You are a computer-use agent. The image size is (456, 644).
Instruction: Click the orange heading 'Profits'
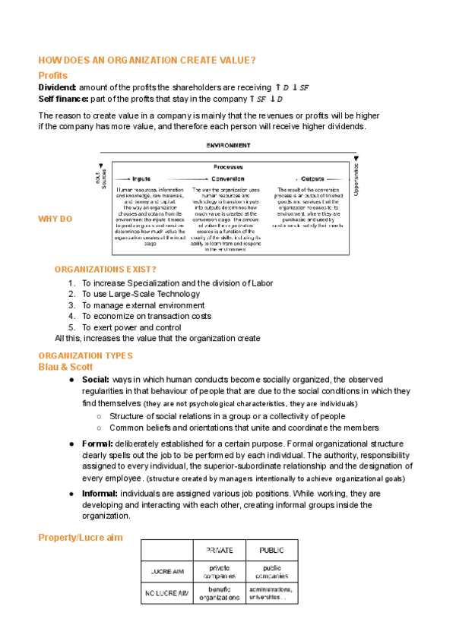coord(53,75)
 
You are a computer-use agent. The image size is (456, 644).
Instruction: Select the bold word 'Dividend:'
coord(58,87)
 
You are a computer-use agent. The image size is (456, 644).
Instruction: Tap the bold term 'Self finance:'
coord(63,99)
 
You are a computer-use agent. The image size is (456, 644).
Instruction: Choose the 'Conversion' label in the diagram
coord(227,178)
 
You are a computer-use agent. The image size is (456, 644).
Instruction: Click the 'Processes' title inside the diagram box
coord(228,166)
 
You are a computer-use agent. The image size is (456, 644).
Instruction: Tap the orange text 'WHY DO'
coord(55,219)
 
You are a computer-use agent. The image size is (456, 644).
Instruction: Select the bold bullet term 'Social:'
coord(96,379)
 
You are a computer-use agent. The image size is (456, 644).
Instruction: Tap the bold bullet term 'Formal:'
coord(97,444)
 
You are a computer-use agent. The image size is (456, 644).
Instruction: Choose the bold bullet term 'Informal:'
coord(100,494)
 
